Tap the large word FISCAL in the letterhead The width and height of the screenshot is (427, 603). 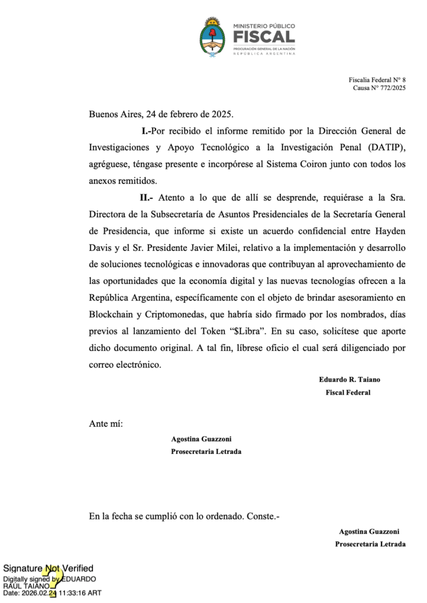(x=264, y=37)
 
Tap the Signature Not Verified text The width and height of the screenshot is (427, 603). (x=48, y=568)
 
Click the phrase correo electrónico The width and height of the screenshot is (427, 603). (x=124, y=365)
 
